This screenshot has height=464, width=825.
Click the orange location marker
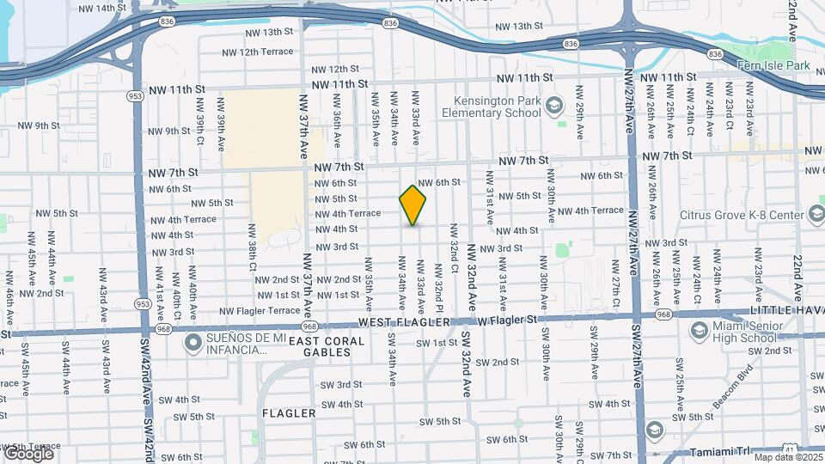(x=413, y=205)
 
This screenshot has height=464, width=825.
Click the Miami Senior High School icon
(x=699, y=330)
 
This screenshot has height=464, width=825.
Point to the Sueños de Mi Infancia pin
(x=193, y=344)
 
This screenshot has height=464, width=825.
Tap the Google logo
(x=27, y=453)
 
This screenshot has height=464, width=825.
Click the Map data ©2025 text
(x=787, y=456)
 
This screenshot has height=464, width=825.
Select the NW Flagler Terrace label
(x=260, y=311)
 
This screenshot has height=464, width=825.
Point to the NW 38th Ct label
(x=253, y=247)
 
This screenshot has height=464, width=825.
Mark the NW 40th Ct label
(x=177, y=294)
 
